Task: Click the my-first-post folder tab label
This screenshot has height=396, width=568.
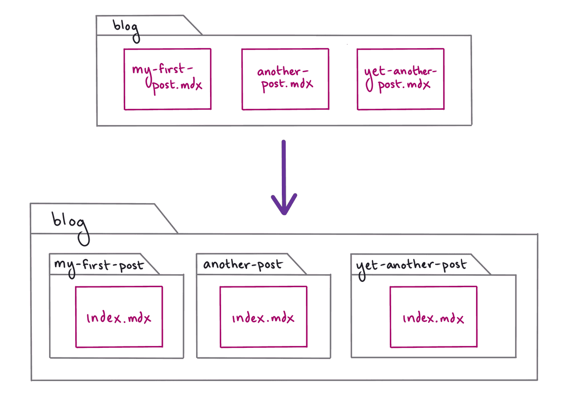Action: point(99,264)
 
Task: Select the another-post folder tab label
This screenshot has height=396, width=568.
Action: point(243,264)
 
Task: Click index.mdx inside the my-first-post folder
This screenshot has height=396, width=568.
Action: point(119,318)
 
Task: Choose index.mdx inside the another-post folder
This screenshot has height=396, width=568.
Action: point(263,318)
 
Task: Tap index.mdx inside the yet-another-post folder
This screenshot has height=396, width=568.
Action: point(433,318)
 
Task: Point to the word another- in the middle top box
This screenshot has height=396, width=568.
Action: point(283,72)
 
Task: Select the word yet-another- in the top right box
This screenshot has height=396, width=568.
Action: point(401,72)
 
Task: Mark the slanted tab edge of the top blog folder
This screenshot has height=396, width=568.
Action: point(192,25)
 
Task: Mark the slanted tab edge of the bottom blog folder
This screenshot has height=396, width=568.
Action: point(166,218)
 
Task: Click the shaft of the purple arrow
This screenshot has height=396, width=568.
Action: point(284,168)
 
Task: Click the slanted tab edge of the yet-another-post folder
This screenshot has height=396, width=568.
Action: point(481,265)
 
